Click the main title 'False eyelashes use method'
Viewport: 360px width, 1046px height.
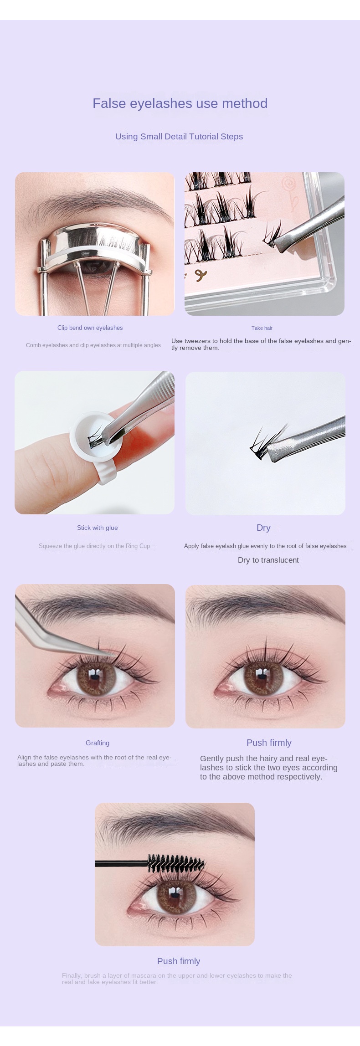coord(180,103)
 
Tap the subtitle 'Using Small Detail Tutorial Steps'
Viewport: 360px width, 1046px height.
coord(179,136)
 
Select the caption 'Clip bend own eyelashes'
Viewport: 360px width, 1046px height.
coord(90,328)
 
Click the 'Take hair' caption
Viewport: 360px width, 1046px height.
coord(262,328)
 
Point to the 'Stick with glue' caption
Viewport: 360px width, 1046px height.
coord(98,528)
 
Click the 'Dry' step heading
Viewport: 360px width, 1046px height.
coord(263,528)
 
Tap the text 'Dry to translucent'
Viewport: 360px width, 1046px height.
coord(268,560)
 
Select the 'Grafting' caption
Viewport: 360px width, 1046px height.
coord(98,743)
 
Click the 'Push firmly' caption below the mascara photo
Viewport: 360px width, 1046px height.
coord(179,961)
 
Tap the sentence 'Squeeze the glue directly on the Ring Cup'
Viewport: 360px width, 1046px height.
coord(94,546)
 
